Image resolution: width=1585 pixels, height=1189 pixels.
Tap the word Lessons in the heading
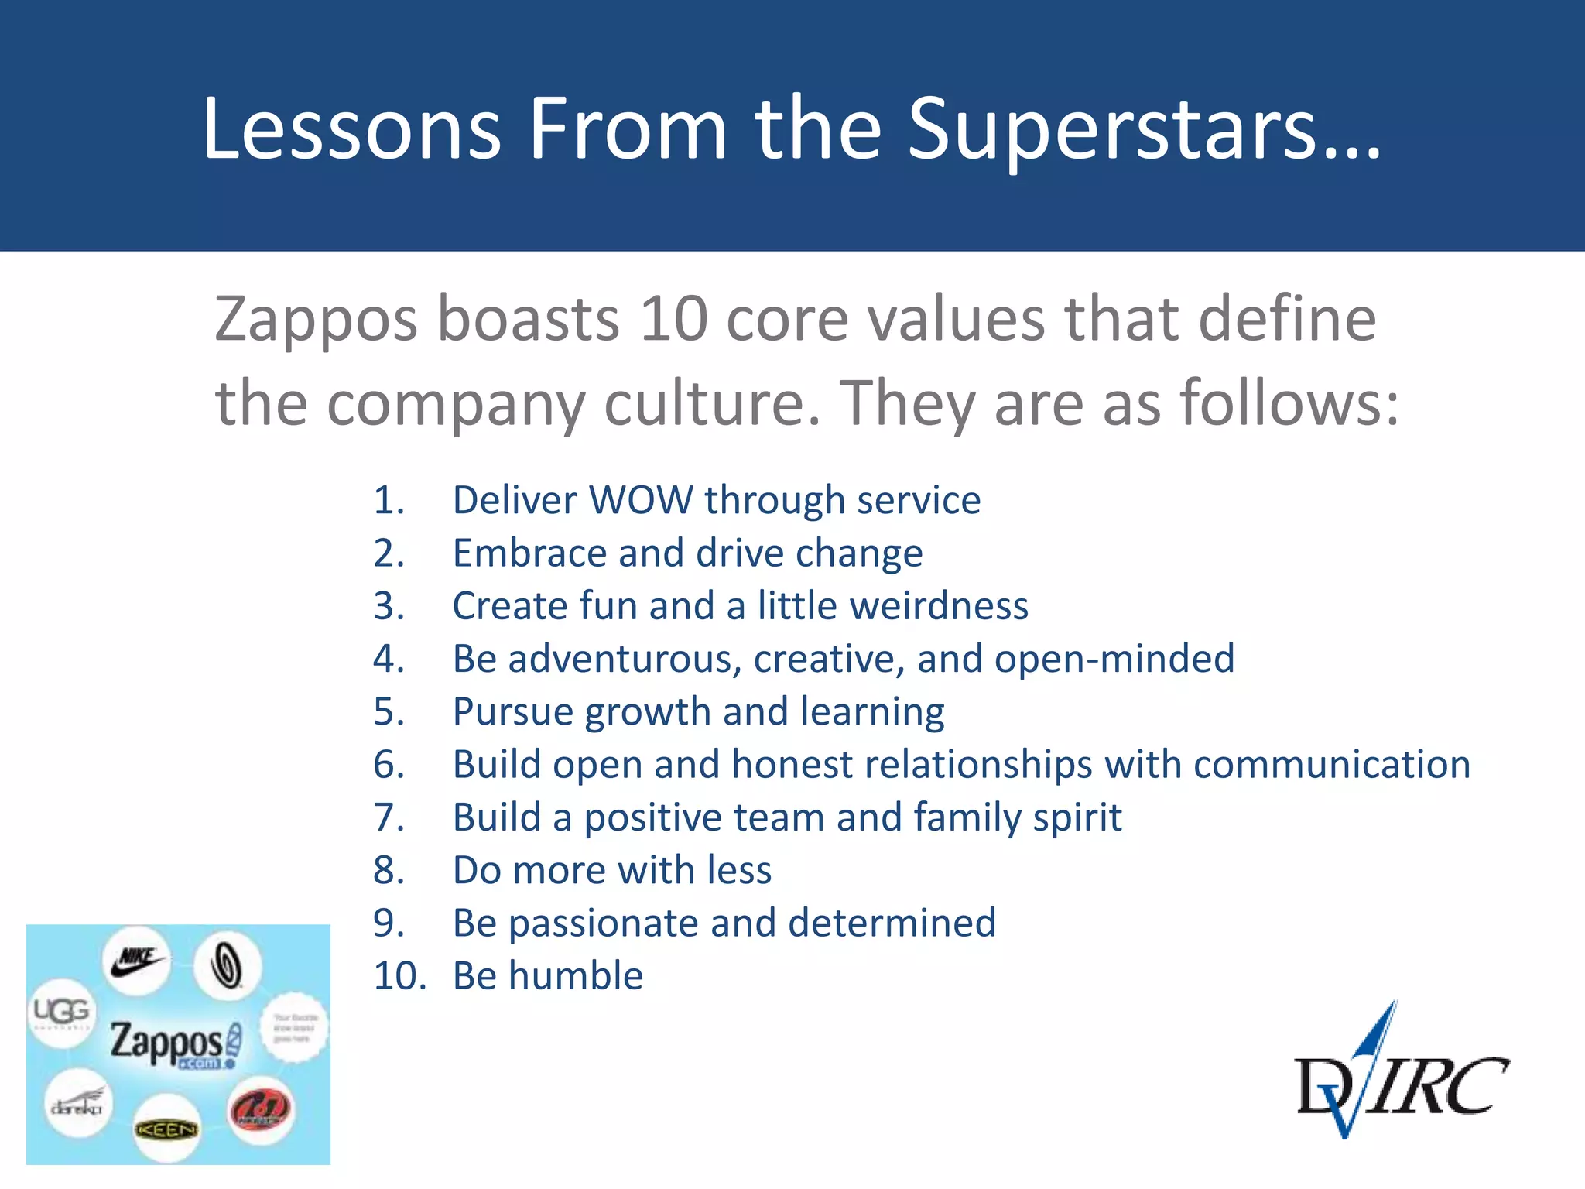pos(352,130)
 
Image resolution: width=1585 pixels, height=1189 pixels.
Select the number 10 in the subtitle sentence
pos(674,319)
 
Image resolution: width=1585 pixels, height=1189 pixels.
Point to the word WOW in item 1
pos(641,500)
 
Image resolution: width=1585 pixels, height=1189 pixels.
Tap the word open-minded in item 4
pos(1114,660)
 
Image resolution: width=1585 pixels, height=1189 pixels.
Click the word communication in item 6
pos(1331,765)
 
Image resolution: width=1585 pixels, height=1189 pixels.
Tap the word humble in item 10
pos(576,976)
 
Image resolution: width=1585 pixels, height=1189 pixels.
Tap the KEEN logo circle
pos(167,1129)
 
